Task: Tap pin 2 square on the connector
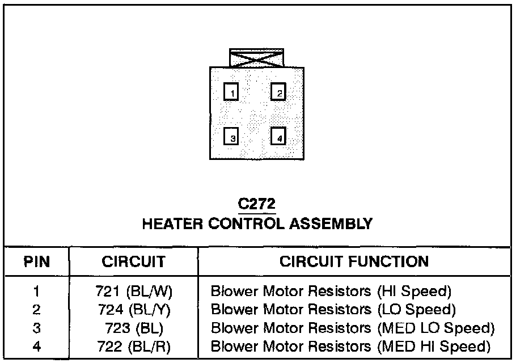point(278,92)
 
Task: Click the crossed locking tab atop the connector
point(256,58)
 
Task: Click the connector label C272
point(257,203)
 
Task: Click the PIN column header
point(36,262)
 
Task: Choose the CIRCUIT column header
point(133,262)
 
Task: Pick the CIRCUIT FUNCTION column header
point(354,262)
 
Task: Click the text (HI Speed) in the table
point(414,292)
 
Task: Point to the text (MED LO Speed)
point(436,328)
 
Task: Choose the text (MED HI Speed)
point(433,346)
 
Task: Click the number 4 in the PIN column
point(37,346)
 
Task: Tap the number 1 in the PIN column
point(37,292)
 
